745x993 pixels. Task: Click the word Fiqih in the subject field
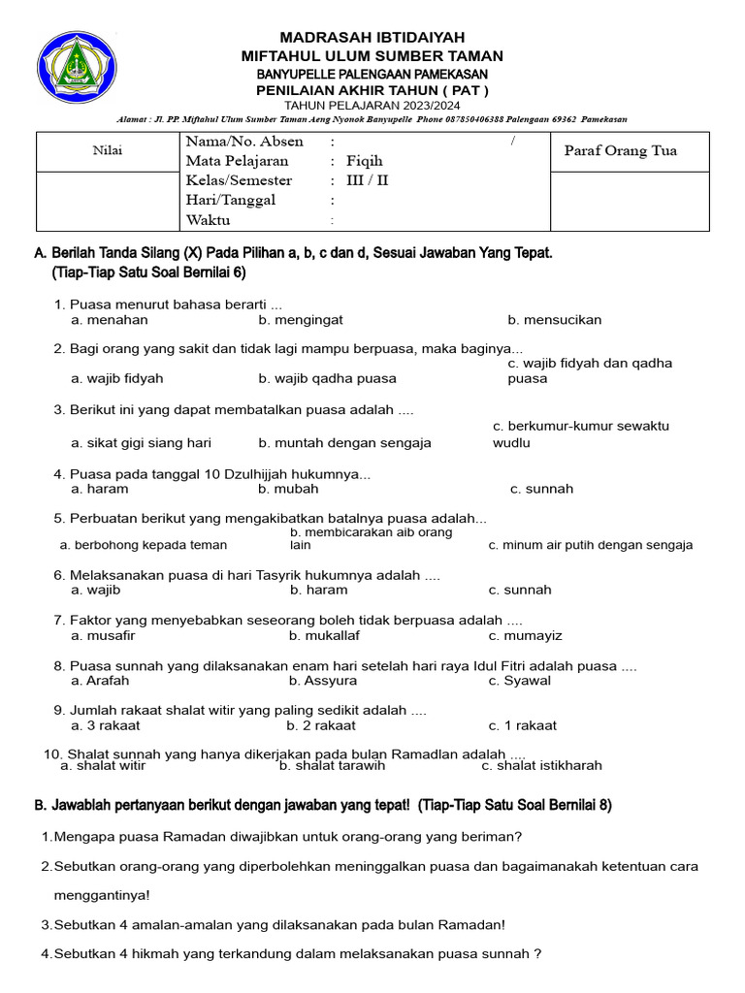coord(365,161)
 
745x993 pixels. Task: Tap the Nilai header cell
coord(108,150)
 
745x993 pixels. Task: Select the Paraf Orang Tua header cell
coord(620,150)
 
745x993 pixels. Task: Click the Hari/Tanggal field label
coord(231,200)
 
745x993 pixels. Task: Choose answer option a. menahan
coord(110,320)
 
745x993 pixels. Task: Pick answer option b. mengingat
coord(301,320)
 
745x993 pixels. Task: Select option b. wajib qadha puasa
coord(327,378)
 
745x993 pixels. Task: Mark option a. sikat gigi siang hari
coord(141,443)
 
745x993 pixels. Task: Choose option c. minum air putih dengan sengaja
coord(591,545)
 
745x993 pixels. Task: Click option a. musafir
coord(103,636)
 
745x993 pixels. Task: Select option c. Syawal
coord(520,681)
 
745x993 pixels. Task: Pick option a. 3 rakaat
coord(106,725)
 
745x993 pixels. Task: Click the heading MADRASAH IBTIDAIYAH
coord(372,37)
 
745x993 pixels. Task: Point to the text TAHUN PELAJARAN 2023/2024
coord(372,105)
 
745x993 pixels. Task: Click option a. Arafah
coord(100,681)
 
